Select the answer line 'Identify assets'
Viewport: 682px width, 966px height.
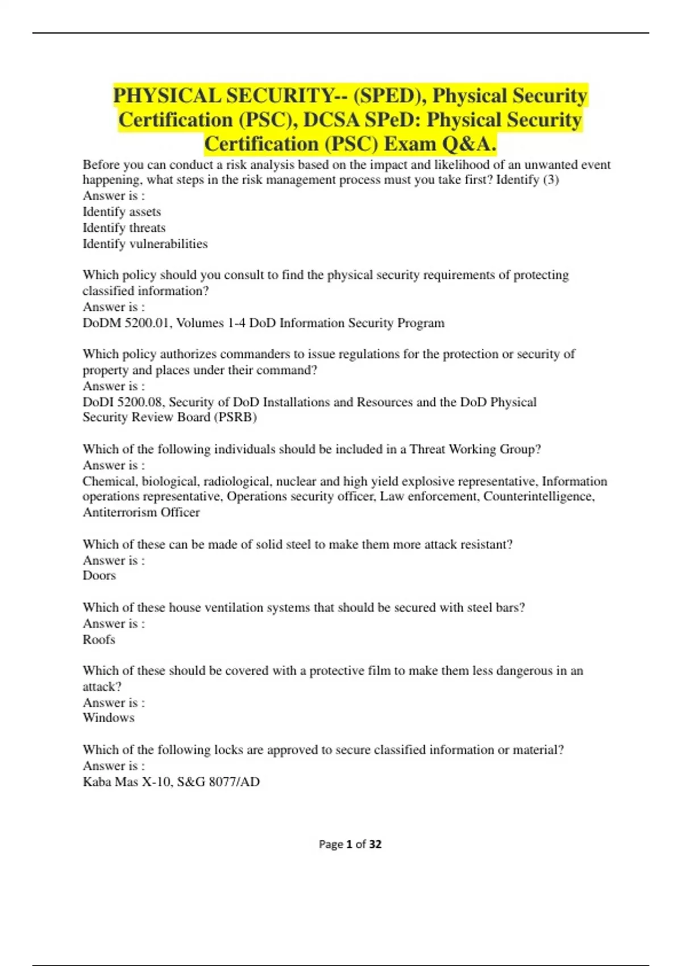coord(122,212)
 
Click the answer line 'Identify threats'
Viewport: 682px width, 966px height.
coord(124,228)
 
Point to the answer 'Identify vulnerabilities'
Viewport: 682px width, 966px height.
coord(145,244)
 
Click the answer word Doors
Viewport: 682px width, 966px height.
coord(99,576)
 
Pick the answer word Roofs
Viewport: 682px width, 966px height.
coord(99,640)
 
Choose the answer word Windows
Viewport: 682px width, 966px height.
coord(109,718)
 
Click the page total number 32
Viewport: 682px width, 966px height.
coord(375,844)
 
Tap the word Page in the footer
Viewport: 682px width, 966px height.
coord(331,844)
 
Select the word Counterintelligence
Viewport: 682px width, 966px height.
coord(538,497)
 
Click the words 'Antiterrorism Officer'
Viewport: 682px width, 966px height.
coord(141,513)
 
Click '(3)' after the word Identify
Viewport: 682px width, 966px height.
coord(551,180)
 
